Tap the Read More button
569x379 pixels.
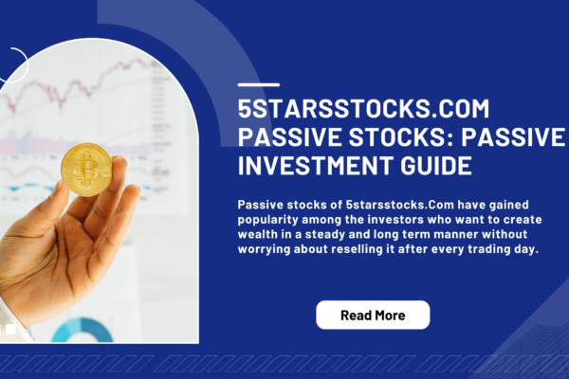373,315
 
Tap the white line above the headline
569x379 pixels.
257,84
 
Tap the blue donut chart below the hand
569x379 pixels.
80,332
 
